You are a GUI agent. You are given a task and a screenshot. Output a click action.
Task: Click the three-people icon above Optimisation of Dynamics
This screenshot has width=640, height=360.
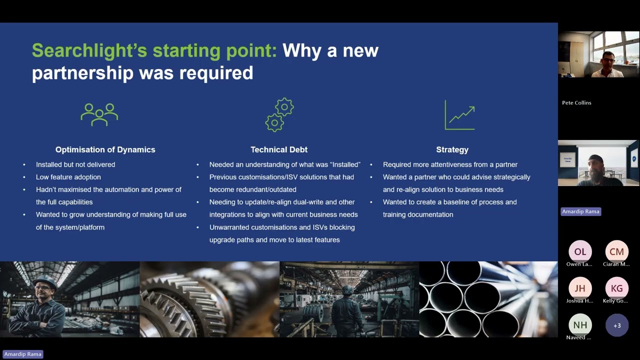pos(99,114)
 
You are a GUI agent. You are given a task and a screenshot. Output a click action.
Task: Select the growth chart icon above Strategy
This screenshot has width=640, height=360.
pos(459,115)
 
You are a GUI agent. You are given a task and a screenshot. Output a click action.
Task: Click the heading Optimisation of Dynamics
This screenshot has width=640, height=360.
pos(105,149)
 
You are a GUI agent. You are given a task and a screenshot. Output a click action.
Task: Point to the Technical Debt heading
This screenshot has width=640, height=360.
pos(279,149)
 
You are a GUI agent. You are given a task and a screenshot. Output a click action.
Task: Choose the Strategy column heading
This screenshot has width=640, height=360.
pos(452,149)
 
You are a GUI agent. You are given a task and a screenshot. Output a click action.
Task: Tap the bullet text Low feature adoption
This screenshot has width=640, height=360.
pos(68,177)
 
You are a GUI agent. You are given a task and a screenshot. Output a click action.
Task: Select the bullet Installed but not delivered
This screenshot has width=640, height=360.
pos(75,164)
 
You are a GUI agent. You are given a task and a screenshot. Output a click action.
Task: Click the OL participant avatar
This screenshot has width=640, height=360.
pos(580,251)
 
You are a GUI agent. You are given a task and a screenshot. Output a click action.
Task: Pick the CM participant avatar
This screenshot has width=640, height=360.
pos(616,251)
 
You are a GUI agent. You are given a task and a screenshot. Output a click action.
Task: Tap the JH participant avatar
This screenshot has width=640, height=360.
pos(580,288)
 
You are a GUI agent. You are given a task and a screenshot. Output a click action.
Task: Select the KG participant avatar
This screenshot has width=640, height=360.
pos(616,288)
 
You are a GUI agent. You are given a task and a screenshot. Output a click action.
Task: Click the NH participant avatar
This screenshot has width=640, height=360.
pos(580,325)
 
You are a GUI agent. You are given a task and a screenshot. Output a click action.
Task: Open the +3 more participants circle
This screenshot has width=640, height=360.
pos(616,325)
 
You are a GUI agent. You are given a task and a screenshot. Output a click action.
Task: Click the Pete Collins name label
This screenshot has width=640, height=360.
pos(576,102)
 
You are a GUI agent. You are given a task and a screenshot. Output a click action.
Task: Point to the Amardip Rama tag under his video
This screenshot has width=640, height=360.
pos(580,211)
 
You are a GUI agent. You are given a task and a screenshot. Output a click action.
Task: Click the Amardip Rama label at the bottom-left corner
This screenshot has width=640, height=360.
pos(22,354)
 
